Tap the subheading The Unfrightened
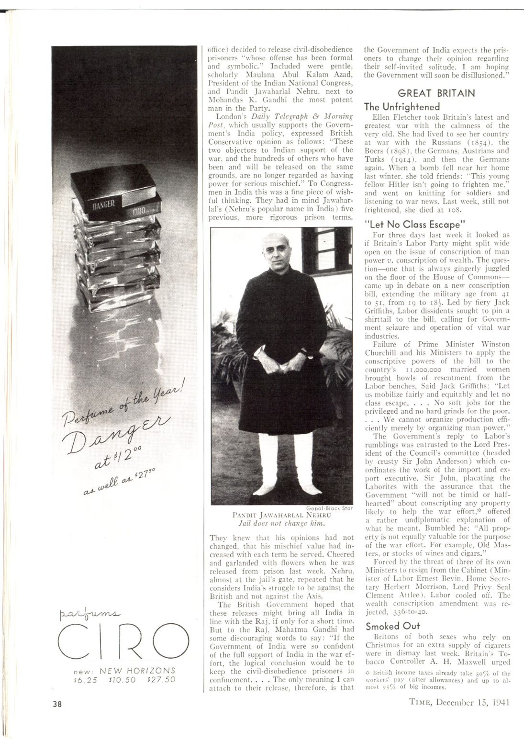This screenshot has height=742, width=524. click(x=401, y=106)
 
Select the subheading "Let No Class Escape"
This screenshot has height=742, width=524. click(x=415, y=224)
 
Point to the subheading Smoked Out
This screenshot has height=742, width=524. click(x=390, y=626)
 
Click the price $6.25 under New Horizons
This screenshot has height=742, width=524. click(x=87, y=679)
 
